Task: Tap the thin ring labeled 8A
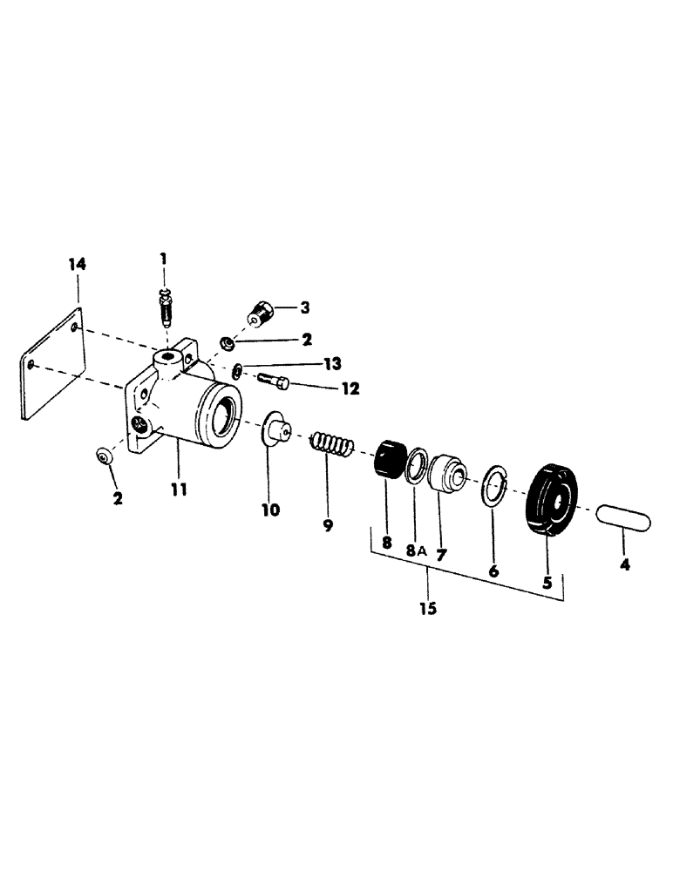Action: [416, 467]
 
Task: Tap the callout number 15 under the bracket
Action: [427, 608]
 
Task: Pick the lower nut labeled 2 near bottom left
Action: [105, 456]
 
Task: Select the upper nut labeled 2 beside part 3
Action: [226, 341]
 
